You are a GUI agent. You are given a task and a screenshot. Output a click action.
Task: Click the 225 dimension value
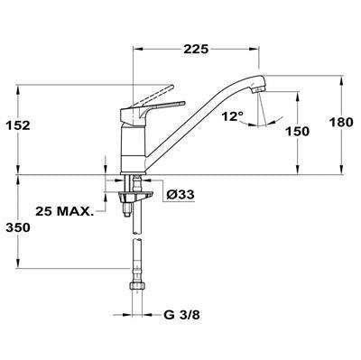pyautogui.click(x=196, y=49)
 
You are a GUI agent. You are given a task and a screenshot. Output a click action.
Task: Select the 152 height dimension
pyautogui.click(x=18, y=125)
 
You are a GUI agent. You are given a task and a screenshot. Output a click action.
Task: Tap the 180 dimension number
pyautogui.click(x=341, y=123)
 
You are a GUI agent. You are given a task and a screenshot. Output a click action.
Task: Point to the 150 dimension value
pyautogui.click(x=297, y=132)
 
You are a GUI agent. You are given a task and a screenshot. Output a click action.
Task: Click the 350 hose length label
pyautogui.click(x=18, y=227)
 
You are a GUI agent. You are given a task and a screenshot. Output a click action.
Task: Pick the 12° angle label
pyautogui.click(x=233, y=116)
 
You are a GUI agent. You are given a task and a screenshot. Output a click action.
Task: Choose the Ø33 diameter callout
pyautogui.click(x=180, y=195)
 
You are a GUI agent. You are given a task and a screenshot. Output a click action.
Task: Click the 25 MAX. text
pyautogui.click(x=63, y=211)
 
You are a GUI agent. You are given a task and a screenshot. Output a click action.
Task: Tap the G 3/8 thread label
pyautogui.click(x=182, y=315)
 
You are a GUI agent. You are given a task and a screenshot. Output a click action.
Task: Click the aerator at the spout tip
pyautogui.click(x=258, y=89)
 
